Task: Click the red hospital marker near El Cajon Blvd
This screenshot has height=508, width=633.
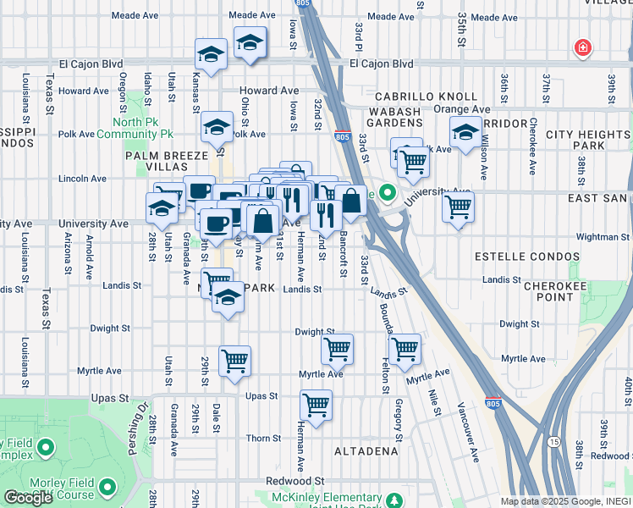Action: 582,48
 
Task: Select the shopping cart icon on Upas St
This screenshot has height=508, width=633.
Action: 316,406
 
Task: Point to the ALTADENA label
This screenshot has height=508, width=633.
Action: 366,451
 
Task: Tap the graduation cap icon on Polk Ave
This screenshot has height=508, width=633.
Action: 217,127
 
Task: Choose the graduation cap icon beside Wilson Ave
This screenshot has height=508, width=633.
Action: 465,134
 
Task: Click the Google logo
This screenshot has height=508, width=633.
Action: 28,498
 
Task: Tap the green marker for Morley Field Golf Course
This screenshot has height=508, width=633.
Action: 107,487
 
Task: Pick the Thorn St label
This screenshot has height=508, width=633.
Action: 263,438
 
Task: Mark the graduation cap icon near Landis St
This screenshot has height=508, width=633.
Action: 227,299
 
